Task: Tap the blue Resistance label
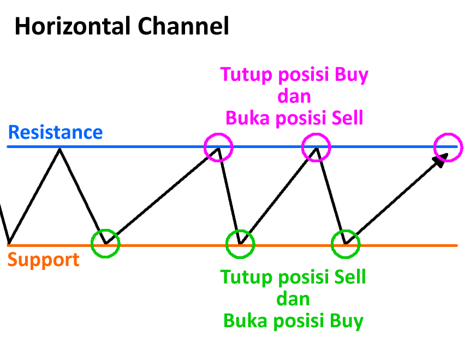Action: [55, 132]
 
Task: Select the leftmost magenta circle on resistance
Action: [218, 146]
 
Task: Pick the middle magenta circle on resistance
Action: [316, 146]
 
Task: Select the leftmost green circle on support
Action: [105, 244]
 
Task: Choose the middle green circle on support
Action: [240, 244]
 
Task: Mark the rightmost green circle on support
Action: [346, 244]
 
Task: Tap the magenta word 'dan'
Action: [294, 96]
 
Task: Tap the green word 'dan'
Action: [293, 299]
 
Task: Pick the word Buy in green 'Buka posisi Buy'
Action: [346, 321]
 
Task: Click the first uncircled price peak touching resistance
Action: [60, 149]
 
